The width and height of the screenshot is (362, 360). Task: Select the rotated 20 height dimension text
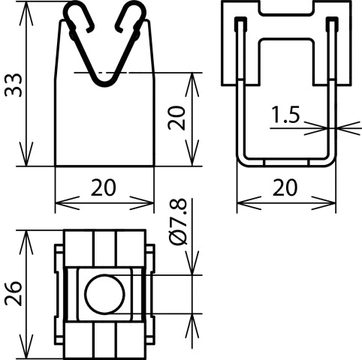(176, 118)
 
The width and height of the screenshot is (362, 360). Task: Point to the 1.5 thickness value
(286, 115)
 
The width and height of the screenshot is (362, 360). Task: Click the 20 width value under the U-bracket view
(285, 187)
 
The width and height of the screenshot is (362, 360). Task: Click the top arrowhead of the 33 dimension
(26, 9)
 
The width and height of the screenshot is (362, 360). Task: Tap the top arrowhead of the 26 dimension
(26, 236)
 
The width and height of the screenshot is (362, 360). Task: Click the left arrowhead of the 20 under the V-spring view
(62, 202)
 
